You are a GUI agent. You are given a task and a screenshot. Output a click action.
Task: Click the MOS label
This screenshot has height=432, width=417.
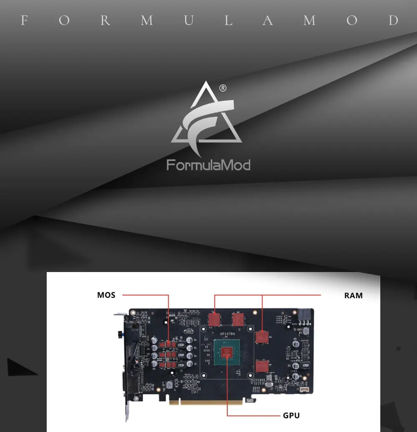pos(106,295)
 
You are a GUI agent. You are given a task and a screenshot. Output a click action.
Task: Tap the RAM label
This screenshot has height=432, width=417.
pos(353,296)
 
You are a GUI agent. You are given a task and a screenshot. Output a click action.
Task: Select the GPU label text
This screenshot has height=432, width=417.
pos(291,415)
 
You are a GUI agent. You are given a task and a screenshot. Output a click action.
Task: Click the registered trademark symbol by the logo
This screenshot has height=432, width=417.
pos(223,88)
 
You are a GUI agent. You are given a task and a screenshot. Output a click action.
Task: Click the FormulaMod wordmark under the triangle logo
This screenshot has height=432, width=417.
pos(208,165)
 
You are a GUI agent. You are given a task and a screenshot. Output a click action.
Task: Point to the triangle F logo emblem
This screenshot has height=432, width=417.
pos(206,119)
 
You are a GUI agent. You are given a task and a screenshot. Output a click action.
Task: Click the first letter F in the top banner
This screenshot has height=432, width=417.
pos(24,20)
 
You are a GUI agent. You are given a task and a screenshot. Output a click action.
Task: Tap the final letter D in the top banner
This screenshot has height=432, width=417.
pos(394,20)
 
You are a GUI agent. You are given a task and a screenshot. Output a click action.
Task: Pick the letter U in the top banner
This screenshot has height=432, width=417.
pos(188,20)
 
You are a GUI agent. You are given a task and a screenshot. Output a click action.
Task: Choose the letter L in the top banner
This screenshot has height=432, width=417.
pos(229,20)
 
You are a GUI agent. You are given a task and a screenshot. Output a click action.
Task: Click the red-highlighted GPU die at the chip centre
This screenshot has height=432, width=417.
pos(227,352)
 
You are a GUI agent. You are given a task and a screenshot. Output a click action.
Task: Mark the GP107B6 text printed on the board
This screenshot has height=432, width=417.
pos(228,334)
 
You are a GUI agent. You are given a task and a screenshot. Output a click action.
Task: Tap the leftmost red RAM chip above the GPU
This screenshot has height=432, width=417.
pos(214,320)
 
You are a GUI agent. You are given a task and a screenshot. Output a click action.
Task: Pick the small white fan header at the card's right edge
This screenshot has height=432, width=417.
pos(304,390)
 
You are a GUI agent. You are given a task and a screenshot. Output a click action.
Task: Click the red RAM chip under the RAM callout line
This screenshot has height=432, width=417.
pos(262,337)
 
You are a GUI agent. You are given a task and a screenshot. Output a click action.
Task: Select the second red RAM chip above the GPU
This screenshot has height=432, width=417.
pos(238,320)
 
